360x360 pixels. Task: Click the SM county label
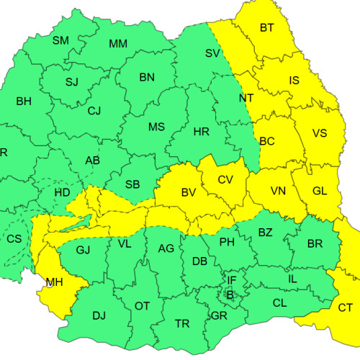point(60,40)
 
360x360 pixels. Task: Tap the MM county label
point(118,44)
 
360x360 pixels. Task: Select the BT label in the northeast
point(267,28)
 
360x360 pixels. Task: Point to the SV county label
point(212,53)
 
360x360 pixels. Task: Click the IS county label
point(294,81)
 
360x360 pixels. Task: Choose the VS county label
point(320,133)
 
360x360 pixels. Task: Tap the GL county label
point(320,192)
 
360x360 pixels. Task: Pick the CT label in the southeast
point(346,307)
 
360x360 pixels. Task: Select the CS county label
point(14,238)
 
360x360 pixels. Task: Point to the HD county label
point(63,193)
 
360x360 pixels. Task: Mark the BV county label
point(189,192)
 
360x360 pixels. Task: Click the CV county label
point(225,179)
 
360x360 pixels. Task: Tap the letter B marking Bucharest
point(230,294)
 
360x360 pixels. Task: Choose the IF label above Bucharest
point(231,280)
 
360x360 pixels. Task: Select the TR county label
point(183,324)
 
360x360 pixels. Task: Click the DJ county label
point(99,315)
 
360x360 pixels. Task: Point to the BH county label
point(23,101)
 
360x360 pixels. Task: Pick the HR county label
point(202,131)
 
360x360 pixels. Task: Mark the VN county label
point(278,192)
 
